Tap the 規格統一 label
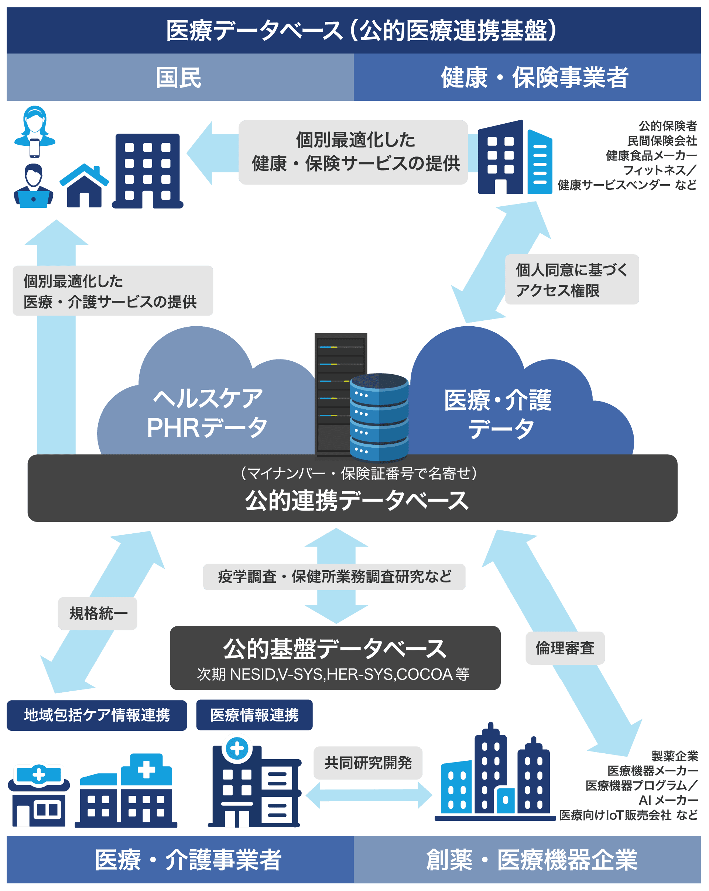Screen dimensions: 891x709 click(97, 613)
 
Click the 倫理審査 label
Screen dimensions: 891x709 click(565, 648)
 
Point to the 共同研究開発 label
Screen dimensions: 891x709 click(367, 763)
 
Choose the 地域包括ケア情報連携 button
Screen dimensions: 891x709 click(97, 715)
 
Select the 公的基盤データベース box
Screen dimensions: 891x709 click(335, 658)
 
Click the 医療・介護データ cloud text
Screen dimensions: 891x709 click(498, 414)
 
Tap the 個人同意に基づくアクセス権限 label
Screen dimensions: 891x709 click(572, 280)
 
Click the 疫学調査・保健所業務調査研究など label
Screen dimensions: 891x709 click(334, 577)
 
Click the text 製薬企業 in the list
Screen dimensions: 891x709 click(674, 756)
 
